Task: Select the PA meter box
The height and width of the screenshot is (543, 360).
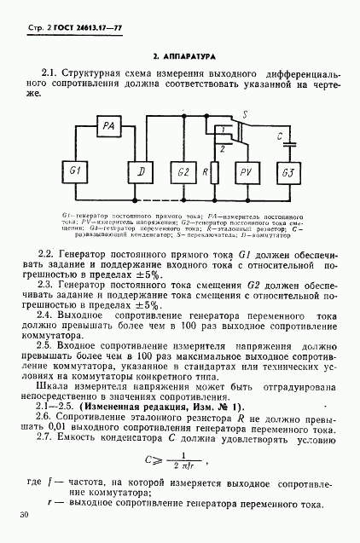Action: [109, 125]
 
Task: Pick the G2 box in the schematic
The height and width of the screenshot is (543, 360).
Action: [184, 172]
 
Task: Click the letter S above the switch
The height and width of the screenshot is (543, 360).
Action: [244, 113]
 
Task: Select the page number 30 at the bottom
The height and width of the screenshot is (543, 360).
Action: [23, 515]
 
